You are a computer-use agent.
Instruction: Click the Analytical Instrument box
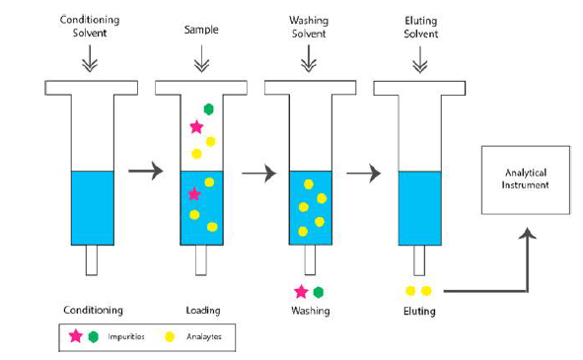pos(525,179)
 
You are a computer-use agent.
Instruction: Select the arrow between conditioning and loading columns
pos(145,173)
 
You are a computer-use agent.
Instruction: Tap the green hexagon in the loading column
pos(208,108)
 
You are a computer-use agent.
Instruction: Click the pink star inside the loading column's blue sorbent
pos(194,193)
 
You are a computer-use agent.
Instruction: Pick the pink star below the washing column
pos(301,292)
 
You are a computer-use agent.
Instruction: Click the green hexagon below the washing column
pos(319,292)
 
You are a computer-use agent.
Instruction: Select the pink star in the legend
pos(75,336)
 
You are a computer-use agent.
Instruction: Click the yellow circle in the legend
pos(169,336)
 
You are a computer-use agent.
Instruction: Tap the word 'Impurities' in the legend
pos(126,336)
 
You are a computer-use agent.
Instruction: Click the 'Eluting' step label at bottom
pos(418,311)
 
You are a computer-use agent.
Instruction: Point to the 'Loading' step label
pos(202,311)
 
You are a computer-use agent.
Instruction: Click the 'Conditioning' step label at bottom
pos(93,311)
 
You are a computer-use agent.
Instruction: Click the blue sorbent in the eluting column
pos(418,207)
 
